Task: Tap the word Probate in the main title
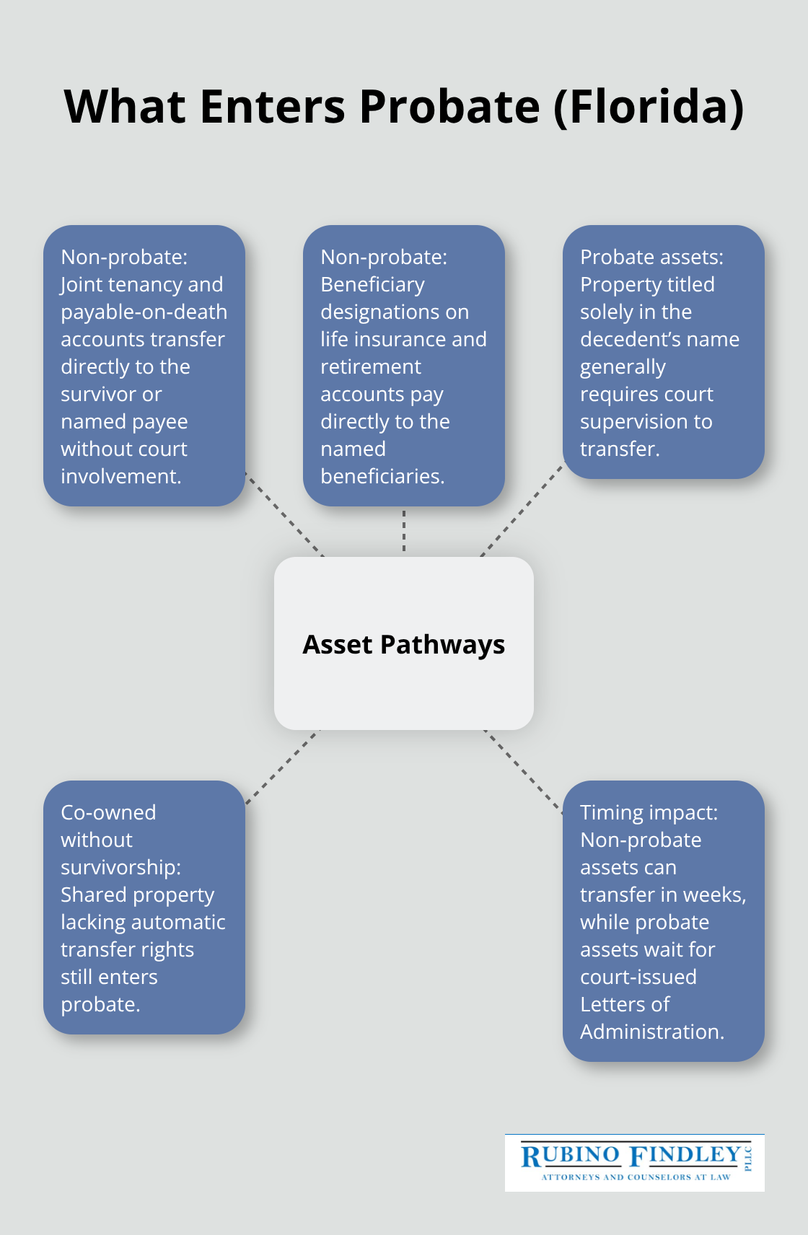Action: (x=449, y=107)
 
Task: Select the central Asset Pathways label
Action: (x=403, y=644)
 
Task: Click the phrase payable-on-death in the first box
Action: (x=144, y=312)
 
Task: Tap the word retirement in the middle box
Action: (x=370, y=366)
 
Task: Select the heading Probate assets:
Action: (x=651, y=257)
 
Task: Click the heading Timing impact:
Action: (x=649, y=812)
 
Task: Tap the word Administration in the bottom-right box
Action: (x=651, y=1032)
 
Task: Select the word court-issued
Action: (x=638, y=977)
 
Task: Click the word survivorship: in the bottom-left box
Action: (x=120, y=867)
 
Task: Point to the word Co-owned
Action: (x=108, y=812)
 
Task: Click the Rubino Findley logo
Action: (x=634, y=1162)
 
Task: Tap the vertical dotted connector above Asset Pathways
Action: (x=404, y=532)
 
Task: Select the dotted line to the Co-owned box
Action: (x=281, y=767)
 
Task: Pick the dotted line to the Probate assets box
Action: (x=522, y=511)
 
